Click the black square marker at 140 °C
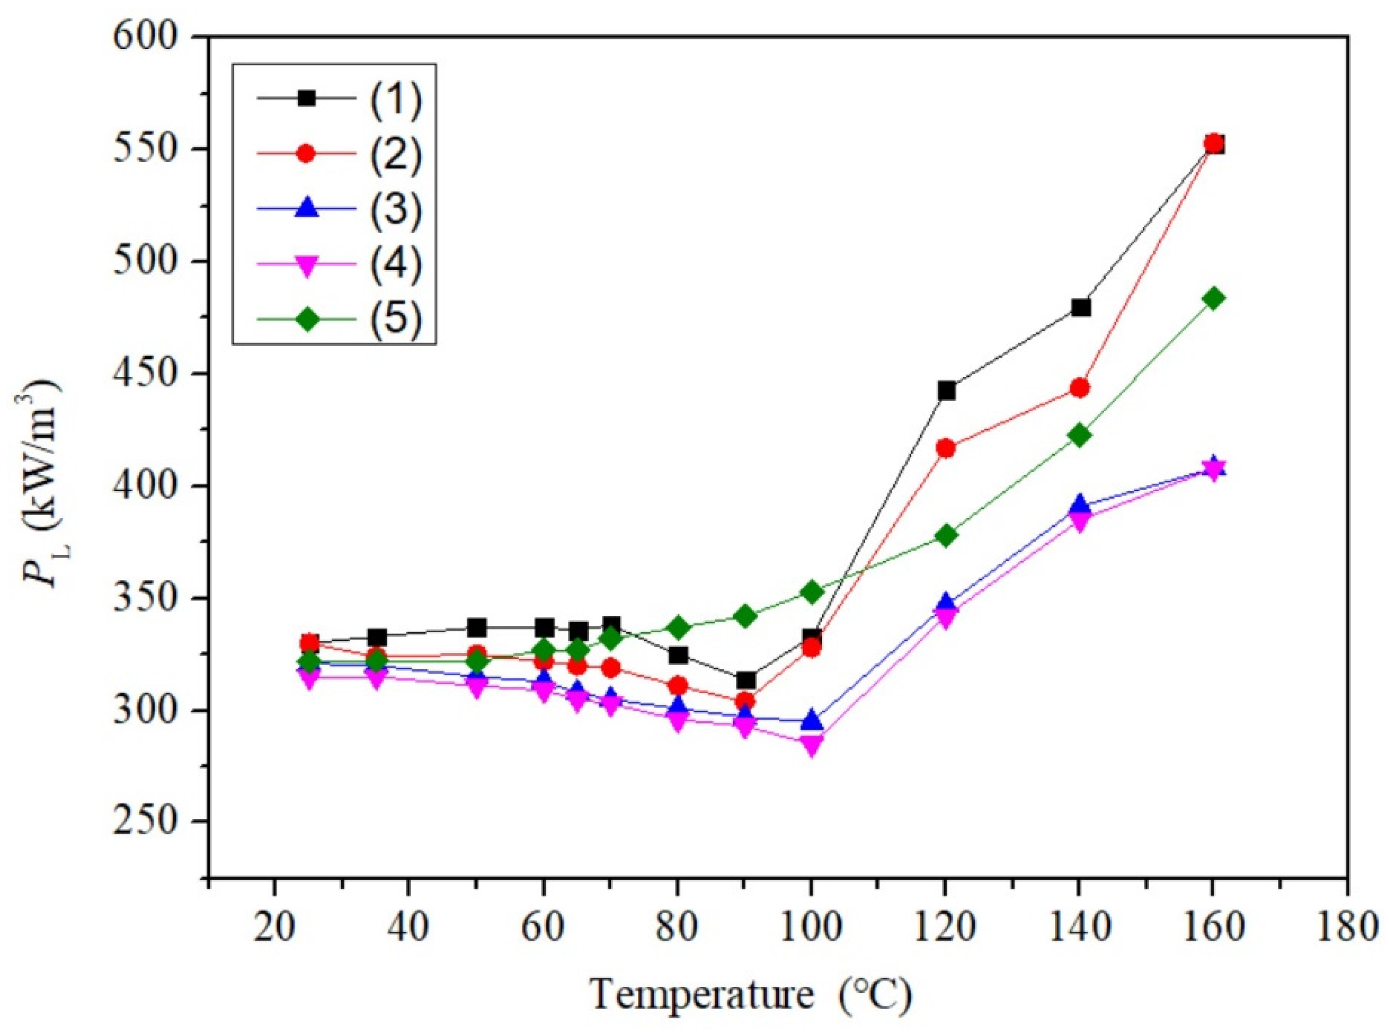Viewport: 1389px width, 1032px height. pos(1080,307)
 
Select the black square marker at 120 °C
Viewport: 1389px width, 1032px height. pos(946,391)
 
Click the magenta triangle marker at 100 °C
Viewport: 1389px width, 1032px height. pos(811,745)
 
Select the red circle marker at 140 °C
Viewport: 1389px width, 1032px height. pos(1079,388)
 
